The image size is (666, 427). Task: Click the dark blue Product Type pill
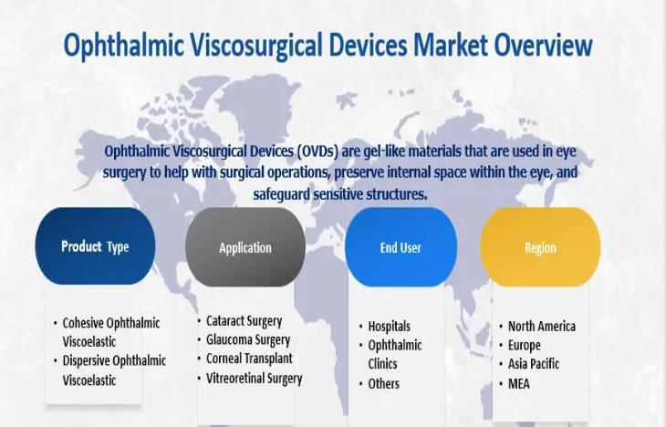click(x=95, y=246)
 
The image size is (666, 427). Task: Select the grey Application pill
click(x=245, y=247)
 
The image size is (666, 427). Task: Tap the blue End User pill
click(x=401, y=247)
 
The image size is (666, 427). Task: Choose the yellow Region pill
click(x=540, y=247)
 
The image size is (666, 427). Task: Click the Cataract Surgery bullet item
click(x=244, y=321)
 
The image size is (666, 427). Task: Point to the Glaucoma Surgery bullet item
click(x=248, y=340)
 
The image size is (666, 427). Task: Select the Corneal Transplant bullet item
click(x=249, y=359)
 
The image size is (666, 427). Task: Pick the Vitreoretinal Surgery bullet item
click(x=254, y=378)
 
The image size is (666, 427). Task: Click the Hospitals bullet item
click(x=389, y=327)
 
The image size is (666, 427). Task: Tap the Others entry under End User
click(x=383, y=384)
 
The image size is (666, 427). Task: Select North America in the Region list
click(x=542, y=327)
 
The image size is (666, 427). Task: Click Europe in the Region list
click(x=525, y=346)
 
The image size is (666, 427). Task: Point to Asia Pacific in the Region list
click(x=534, y=364)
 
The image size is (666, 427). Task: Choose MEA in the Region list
click(x=518, y=384)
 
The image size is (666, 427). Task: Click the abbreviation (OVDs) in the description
click(x=316, y=151)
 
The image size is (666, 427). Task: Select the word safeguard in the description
click(x=281, y=194)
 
